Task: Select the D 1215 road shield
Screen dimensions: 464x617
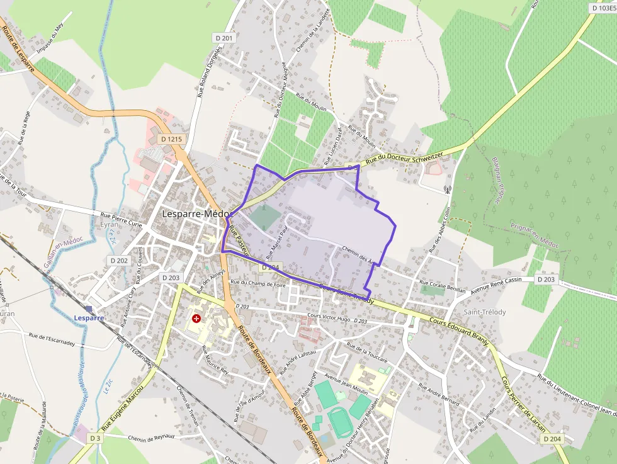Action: [171, 139]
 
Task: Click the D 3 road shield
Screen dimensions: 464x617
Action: [95, 438]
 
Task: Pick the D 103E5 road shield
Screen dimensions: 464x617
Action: [603, 8]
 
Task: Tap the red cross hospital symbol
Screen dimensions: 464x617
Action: [197, 319]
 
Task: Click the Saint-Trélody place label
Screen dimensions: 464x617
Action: [485, 312]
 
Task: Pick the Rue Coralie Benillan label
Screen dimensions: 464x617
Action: [442, 286]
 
